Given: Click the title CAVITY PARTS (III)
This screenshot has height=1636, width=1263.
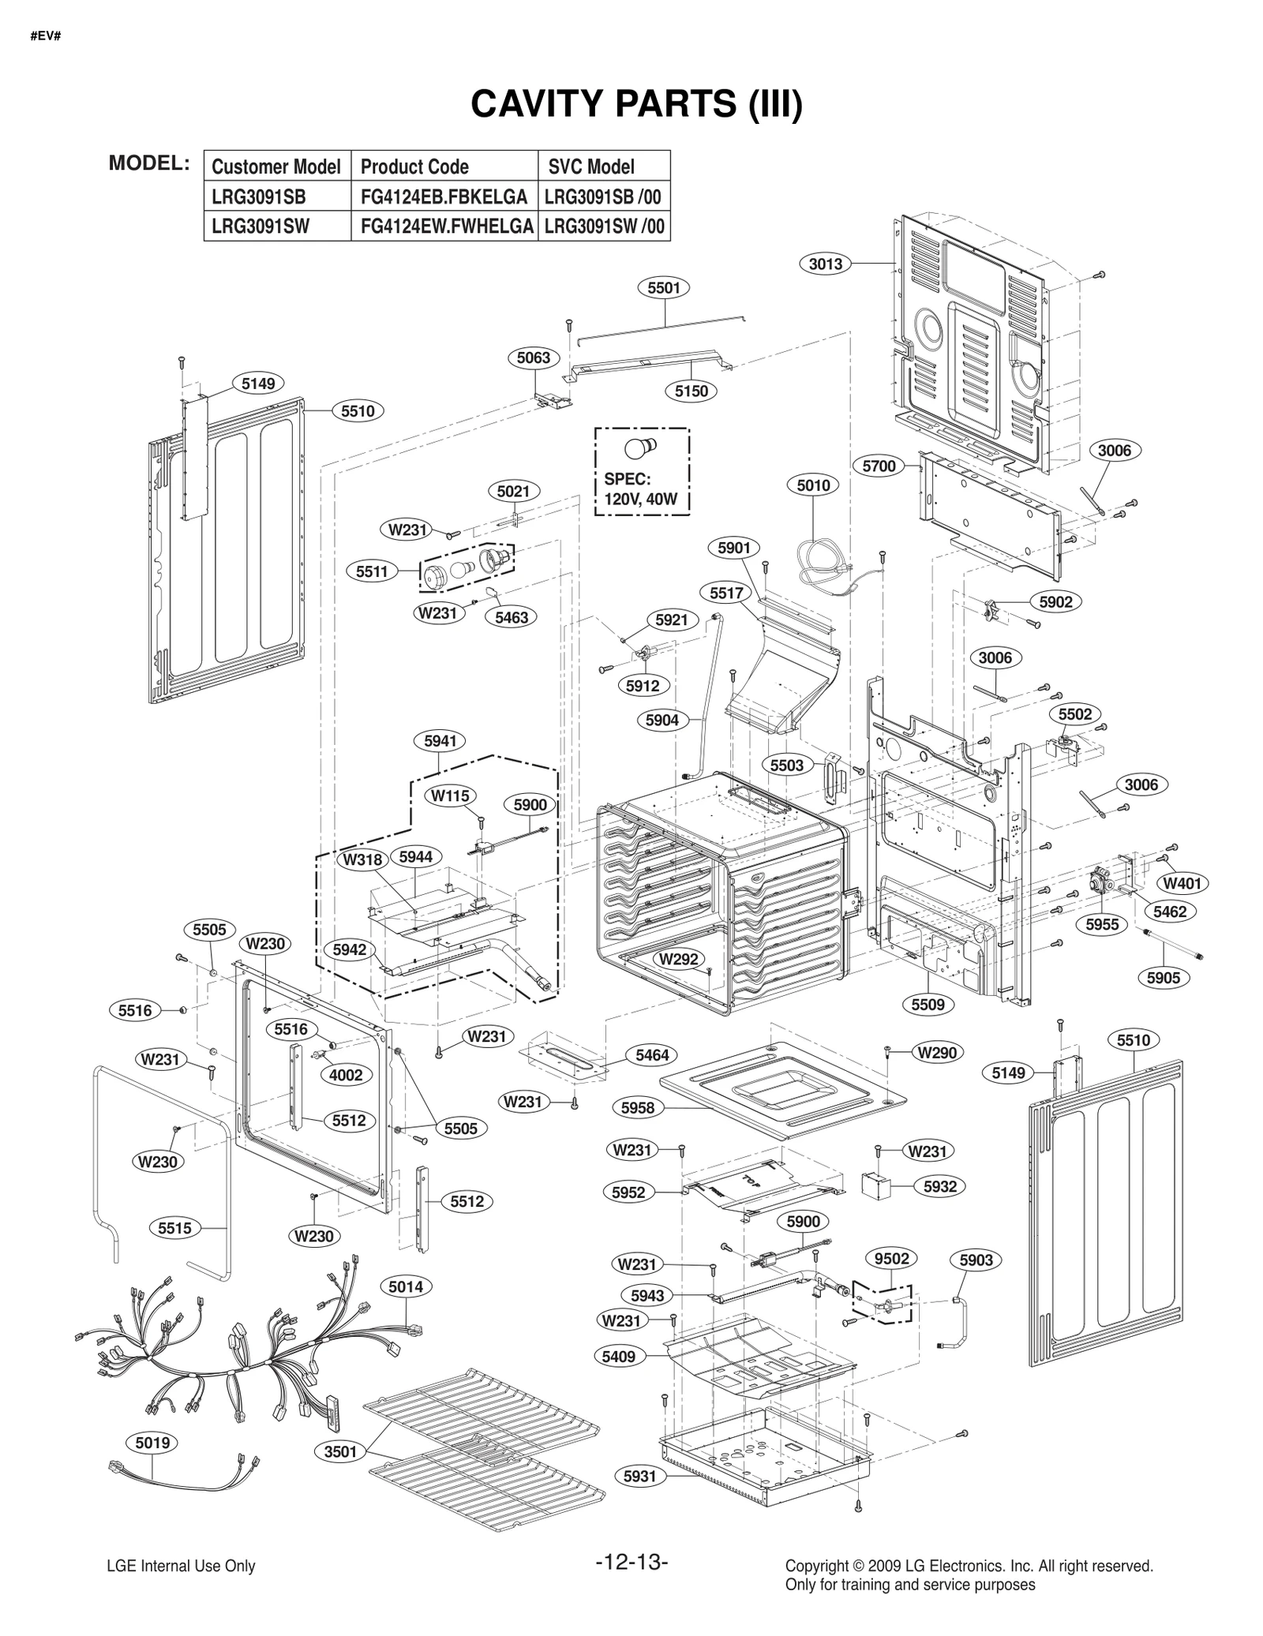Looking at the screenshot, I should point(636,105).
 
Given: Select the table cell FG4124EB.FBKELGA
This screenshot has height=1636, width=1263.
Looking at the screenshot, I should point(444,197).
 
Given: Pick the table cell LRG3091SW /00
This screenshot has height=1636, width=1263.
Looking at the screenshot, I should point(604,227).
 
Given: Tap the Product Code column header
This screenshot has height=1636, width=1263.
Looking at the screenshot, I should point(414,167).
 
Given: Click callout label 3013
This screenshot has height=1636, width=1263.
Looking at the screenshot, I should point(826,264).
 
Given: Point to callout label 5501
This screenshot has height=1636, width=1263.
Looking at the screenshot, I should point(663,288).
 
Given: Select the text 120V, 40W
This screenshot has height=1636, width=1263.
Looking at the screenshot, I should point(641,499).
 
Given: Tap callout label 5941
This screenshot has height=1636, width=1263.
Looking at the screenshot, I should point(440,741).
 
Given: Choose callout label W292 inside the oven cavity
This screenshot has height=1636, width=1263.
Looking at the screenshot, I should point(678,959).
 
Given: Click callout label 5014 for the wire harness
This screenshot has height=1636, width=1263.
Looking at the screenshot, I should point(406,1287).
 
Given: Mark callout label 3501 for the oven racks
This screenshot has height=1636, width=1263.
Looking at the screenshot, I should point(341,1451).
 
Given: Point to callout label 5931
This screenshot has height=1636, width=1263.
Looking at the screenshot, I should point(639,1476).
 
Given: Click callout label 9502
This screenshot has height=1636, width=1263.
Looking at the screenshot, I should point(892,1259).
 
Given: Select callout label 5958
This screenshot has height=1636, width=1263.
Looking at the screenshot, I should point(638,1108).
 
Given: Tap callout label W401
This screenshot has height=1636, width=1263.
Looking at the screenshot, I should point(1182,883).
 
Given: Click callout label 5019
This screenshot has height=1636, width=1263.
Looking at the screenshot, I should point(152,1443).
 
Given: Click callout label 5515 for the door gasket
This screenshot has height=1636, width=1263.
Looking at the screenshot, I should point(174,1228).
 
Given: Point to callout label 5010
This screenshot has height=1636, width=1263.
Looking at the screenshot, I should point(813,485).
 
